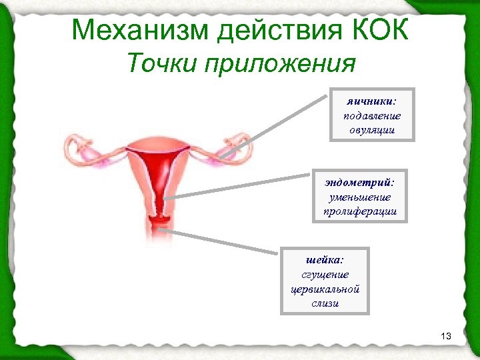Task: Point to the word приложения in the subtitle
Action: [281, 65]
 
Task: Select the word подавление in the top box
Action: [372, 116]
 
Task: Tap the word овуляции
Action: [372, 129]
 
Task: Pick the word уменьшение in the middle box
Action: [360, 197]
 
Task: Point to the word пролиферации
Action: [360, 211]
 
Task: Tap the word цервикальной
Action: [325, 289]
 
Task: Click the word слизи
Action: [325, 303]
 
